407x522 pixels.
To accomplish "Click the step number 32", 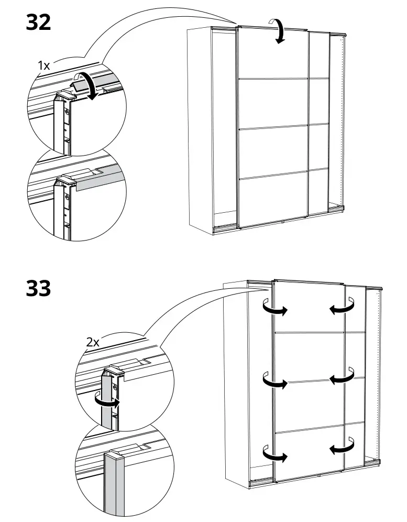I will click(38, 23).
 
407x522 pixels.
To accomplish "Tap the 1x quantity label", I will click(43, 66).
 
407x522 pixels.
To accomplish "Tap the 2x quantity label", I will click(93, 342).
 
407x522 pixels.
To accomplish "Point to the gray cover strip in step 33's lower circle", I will click(115, 485).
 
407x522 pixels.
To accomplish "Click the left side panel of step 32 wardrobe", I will click(200, 126).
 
